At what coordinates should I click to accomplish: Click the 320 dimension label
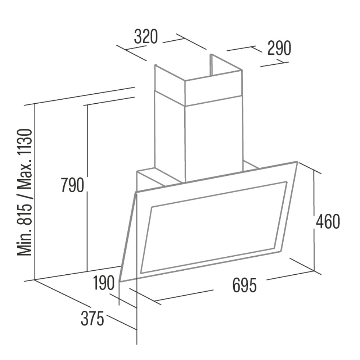point(146,36)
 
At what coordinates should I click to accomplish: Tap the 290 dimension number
point(279,48)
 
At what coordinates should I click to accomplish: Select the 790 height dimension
point(72,185)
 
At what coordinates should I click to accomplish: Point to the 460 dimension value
point(328,221)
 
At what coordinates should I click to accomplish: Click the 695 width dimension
point(244,285)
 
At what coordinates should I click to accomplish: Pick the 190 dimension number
point(104,283)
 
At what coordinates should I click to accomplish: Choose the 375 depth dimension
point(92,319)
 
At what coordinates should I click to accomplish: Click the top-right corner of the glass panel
point(298,162)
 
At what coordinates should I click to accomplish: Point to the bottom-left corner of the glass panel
point(120,281)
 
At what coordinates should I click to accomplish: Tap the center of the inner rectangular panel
point(214,227)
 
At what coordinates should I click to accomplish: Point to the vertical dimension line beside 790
point(87,188)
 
